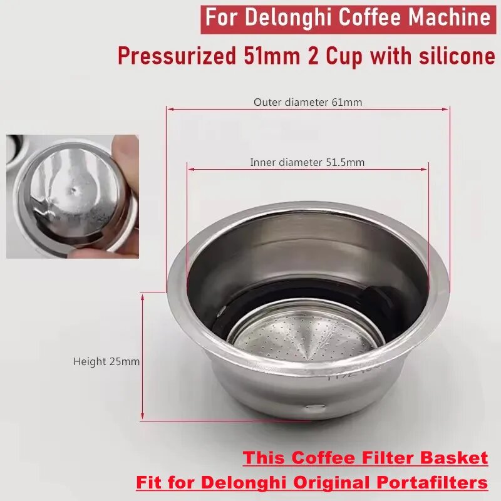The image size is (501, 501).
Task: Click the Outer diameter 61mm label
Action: pos(307,101)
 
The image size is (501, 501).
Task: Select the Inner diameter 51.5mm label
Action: pos(307,162)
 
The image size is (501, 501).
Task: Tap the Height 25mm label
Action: pos(106,361)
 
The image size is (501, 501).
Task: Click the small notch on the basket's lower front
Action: pos(315,408)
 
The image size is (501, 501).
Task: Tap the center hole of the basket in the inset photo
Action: pos(75,187)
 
